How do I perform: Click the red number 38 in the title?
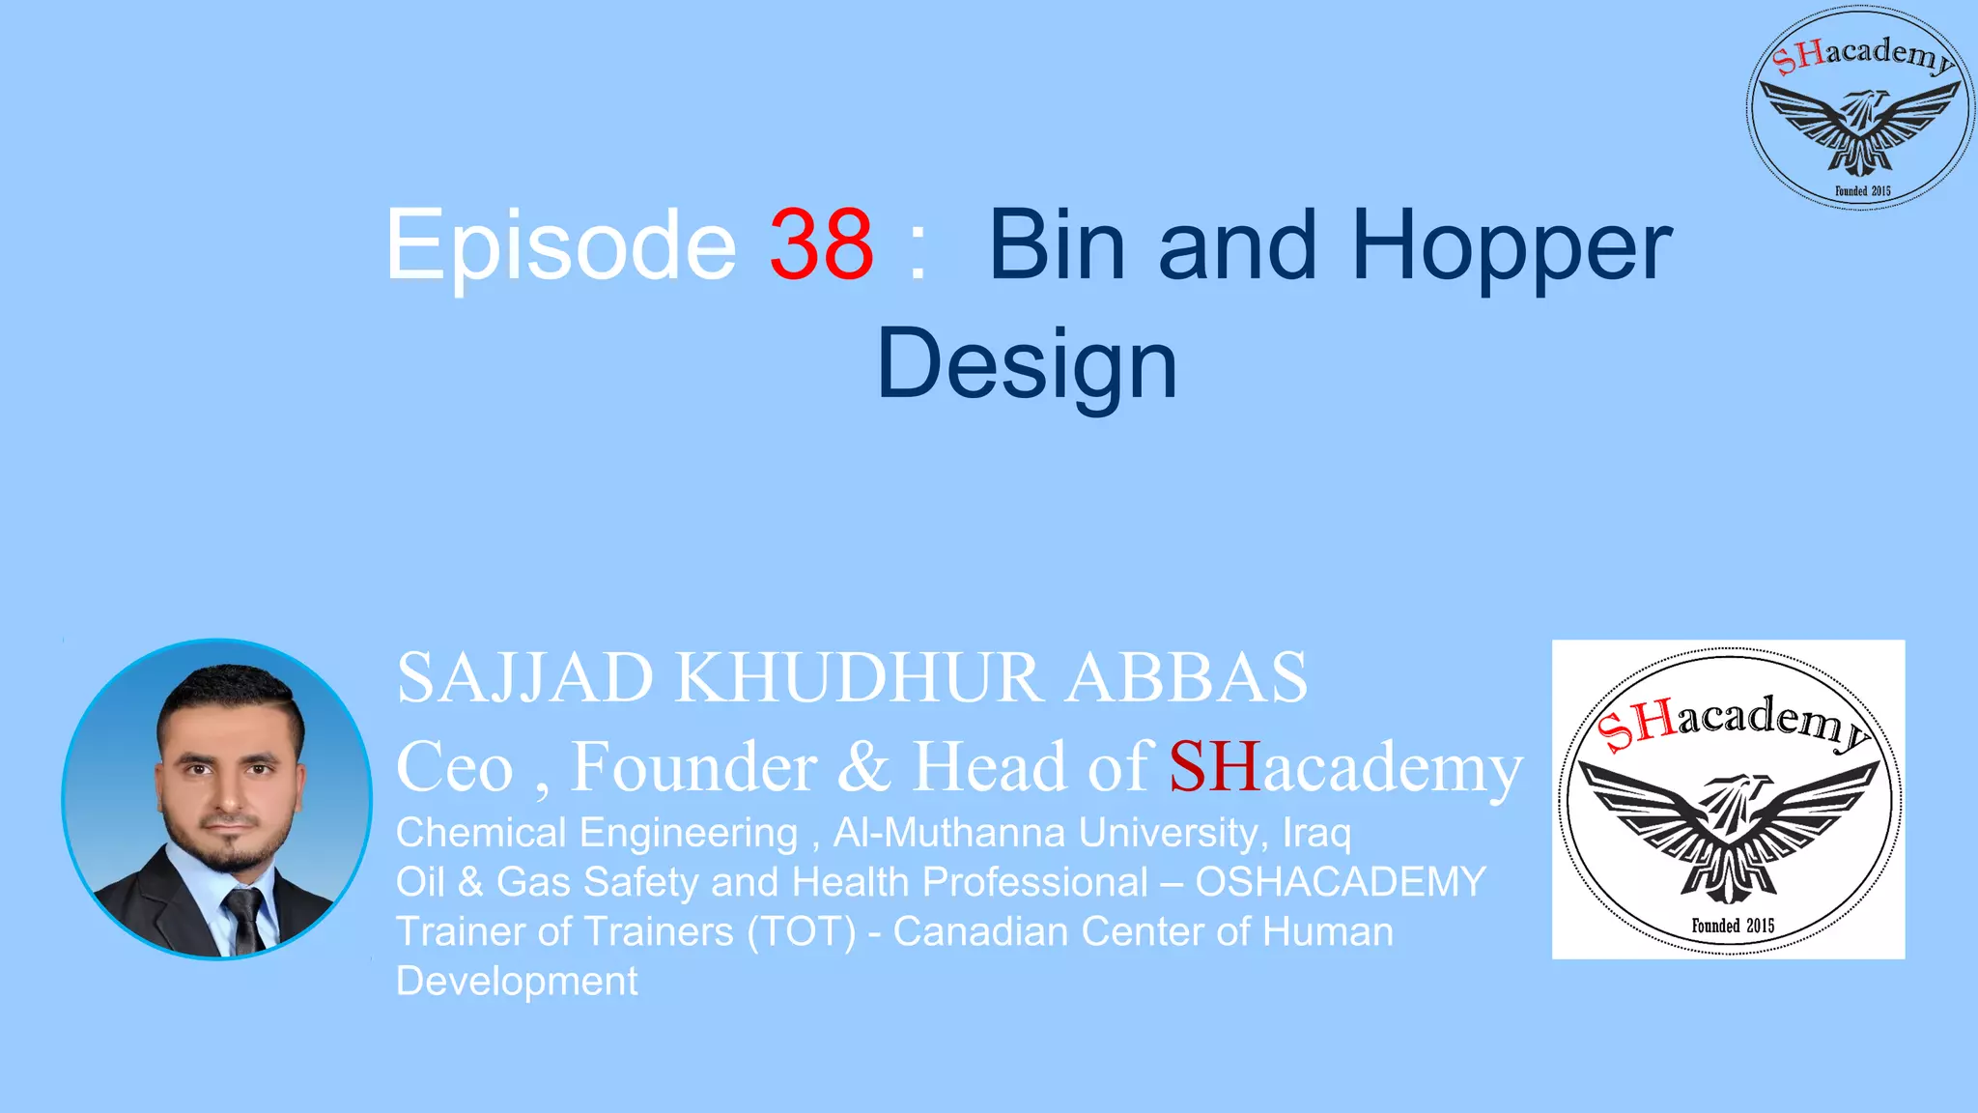click(x=821, y=245)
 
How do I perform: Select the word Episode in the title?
click(x=560, y=247)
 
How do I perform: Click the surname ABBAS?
click(x=1187, y=678)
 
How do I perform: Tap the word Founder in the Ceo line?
click(x=693, y=768)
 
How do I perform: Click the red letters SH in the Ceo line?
click(x=1214, y=768)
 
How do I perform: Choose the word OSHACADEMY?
click(x=1341, y=882)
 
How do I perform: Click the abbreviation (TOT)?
click(x=801, y=932)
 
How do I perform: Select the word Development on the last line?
click(x=517, y=982)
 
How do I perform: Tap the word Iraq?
click(x=1316, y=833)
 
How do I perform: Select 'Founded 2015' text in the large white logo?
click(x=1733, y=926)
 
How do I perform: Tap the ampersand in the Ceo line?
click(x=863, y=768)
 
